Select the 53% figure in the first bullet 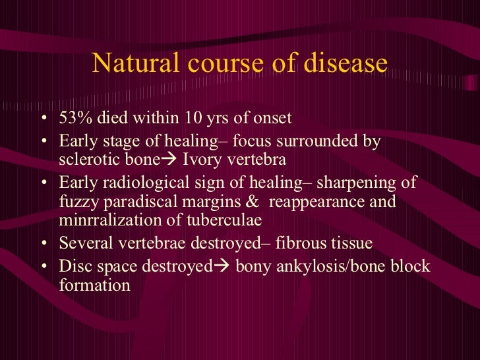point(75,119)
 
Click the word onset point(270,119)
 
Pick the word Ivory point(206,160)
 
